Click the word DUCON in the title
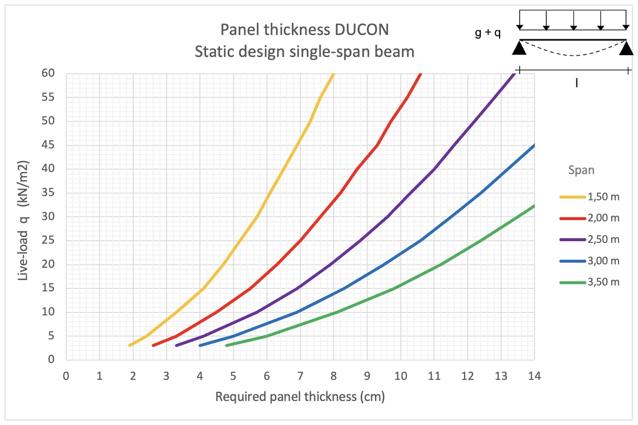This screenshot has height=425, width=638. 362,30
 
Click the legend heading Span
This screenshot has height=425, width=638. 581,170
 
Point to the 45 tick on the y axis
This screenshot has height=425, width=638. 48,145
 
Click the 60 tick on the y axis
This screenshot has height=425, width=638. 48,73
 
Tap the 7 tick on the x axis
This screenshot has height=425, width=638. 300,376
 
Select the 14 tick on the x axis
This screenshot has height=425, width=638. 534,376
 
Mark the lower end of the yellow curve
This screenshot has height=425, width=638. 130,346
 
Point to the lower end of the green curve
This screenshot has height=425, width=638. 227,346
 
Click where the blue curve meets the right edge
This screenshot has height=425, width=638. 534,145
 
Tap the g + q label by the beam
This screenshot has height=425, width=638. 487,33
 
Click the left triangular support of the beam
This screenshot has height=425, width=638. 519,48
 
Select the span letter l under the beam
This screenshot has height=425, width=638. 577,83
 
